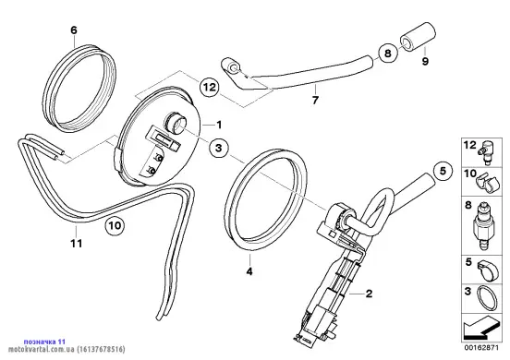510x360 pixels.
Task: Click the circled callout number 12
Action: pos(210,87)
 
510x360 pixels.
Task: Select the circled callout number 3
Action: pos(219,148)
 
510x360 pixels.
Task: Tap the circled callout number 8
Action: pos(388,53)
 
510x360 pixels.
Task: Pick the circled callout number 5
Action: pos(443,171)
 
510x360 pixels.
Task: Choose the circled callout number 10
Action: pos(115,225)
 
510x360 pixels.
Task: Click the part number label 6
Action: pos(74,30)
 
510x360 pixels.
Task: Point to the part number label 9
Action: pos(425,61)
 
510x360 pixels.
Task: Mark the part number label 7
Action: pos(315,101)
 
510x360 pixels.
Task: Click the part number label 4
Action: pos(249,271)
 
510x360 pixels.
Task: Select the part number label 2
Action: pos(369,294)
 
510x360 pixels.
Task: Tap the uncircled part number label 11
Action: pos(77,243)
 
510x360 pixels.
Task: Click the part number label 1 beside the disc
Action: pos(219,125)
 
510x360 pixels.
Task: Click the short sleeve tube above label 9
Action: pos(418,36)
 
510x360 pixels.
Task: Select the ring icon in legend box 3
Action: pos(487,298)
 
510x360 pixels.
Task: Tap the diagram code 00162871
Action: pos(481,348)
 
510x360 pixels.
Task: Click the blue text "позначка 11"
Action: pos(44,342)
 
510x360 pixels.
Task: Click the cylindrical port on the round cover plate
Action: pos(176,123)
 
